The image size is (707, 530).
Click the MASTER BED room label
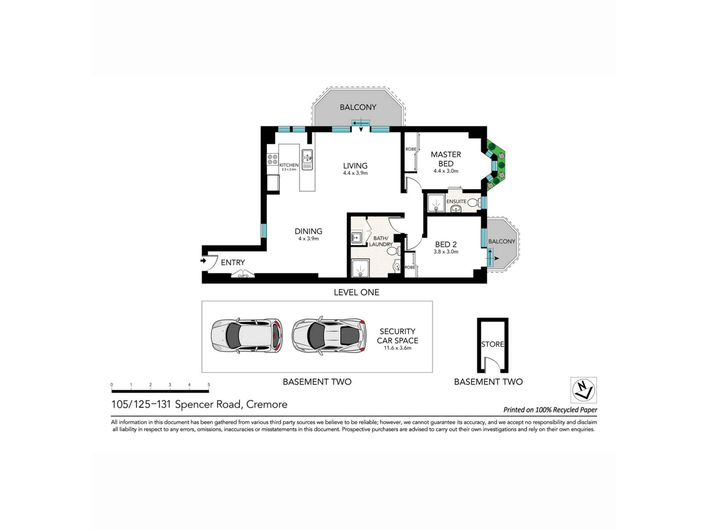[446, 159]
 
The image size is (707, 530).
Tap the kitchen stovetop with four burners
[273, 159]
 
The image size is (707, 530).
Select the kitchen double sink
[307, 156]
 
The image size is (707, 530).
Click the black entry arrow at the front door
[203, 261]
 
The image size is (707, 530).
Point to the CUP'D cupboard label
[243, 276]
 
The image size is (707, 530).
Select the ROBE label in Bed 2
[410, 267]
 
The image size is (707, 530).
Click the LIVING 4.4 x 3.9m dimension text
[355, 173]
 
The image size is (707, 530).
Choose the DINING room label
[308, 231]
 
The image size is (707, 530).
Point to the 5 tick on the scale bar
[209, 385]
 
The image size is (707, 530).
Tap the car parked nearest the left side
[247, 336]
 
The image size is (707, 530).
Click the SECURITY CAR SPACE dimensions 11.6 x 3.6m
[397, 348]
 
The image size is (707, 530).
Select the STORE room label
[492, 344]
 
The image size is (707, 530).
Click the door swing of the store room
[492, 364]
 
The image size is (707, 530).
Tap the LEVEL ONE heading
[356, 292]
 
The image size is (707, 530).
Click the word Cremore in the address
[267, 404]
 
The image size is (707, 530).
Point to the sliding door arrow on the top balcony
[361, 123]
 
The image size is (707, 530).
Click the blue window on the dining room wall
[264, 230]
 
